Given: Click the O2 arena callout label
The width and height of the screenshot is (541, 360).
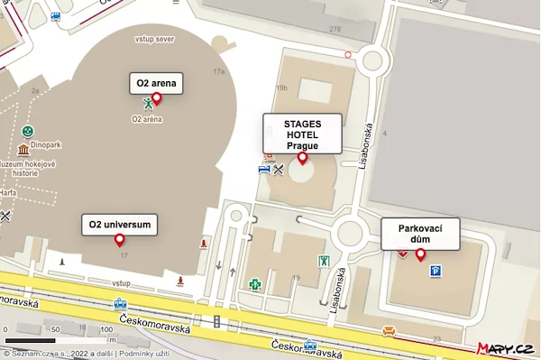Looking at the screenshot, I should [156, 84].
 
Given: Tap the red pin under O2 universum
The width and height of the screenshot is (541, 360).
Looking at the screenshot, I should [119, 240].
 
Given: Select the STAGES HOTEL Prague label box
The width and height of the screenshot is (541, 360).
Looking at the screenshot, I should [302, 133].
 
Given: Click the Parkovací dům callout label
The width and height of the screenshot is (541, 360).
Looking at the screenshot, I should [420, 234].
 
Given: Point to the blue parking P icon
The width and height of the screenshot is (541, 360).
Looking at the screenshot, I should [436, 271].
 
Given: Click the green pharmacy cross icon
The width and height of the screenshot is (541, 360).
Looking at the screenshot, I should [255, 285].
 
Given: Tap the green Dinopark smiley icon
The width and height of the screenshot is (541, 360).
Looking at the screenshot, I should [28, 132].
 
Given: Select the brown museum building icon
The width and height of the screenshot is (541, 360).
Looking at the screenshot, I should [23, 149].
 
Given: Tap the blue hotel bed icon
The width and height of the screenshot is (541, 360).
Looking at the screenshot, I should [264, 169].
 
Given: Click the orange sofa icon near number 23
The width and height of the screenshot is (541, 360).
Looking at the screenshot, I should [389, 329].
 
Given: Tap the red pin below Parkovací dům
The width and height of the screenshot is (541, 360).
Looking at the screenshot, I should [420, 254].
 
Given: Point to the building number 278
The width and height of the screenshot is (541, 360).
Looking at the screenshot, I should [335, 30].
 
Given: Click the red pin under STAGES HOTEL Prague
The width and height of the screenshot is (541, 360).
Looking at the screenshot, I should [302, 158].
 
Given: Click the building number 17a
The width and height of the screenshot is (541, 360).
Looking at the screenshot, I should [218, 70].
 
